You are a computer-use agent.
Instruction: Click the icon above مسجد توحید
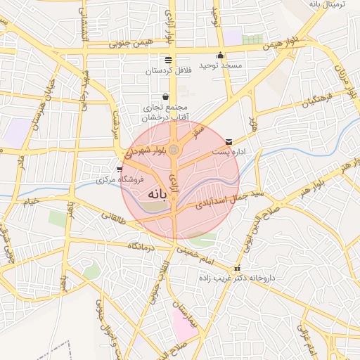point(221,56)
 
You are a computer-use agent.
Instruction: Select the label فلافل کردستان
point(168,71)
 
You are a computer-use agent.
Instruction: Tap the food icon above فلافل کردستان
point(167,60)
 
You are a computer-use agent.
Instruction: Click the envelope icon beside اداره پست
point(229,142)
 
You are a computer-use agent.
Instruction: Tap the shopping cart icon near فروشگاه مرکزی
point(119,169)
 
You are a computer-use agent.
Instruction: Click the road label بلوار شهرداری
point(146,150)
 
